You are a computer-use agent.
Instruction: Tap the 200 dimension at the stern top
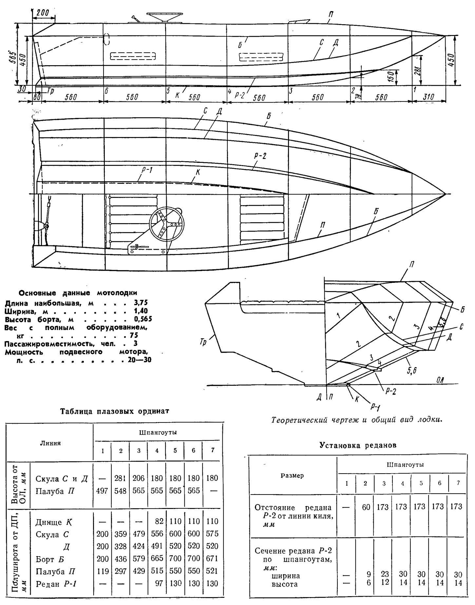pyautogui.click(x=43, y=13)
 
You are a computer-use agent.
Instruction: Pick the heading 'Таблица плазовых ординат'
pyautogui.click(x=115, y=411)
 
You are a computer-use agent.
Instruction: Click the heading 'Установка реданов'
pyautogui.click(x=358, y=445)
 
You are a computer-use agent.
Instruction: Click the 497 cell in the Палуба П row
pyautogui.click(x=103, y=492)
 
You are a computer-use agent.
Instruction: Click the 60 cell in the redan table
pyautogui.click(x=366, y=507)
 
